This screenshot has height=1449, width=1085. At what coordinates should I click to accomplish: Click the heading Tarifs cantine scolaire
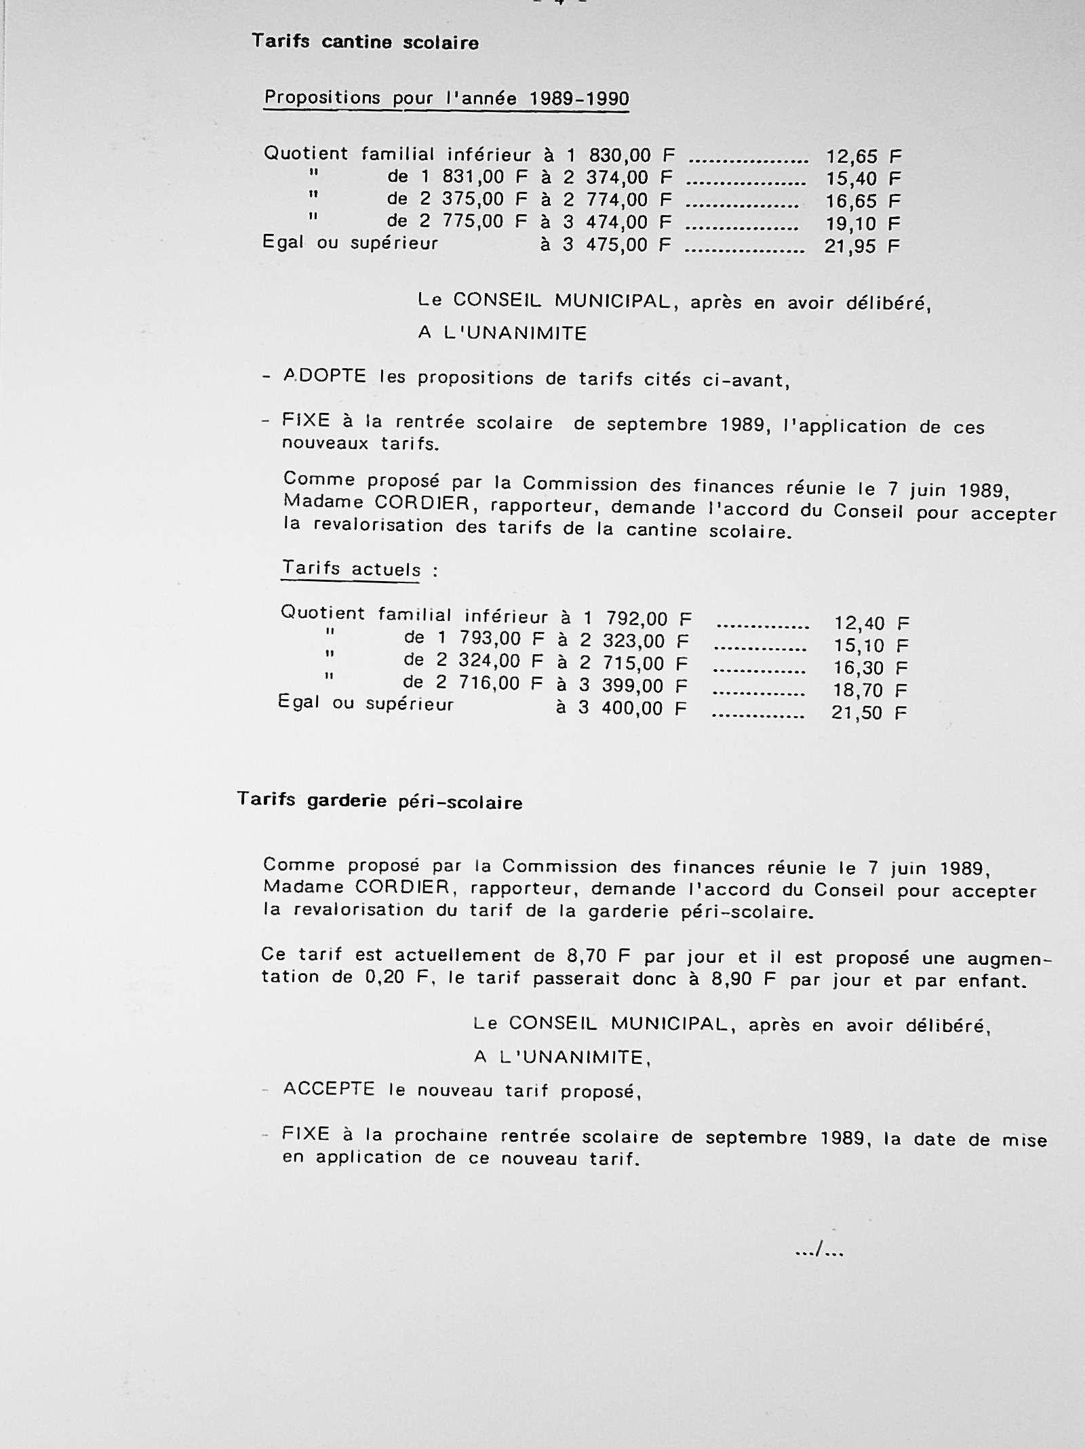click(365, 42)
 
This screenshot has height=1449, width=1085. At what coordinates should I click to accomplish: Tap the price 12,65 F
click(863, 157)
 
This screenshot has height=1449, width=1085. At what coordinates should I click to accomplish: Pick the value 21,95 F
click(861, 246)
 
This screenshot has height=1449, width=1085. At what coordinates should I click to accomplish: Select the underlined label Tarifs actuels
click(351, 568)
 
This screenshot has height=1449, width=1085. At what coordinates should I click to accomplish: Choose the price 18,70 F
click(870, 690)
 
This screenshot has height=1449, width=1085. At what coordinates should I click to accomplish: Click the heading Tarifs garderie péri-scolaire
click(380, 801)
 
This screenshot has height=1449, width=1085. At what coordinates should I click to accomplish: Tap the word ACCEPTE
click(329, 1089)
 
